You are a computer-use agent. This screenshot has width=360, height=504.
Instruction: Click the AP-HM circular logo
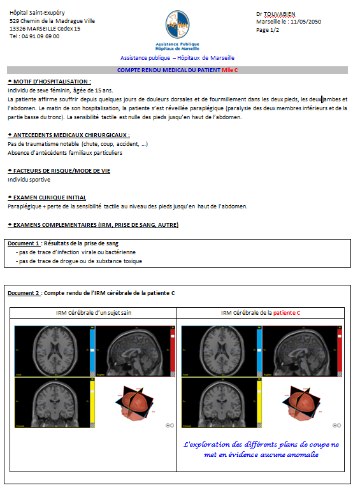[x=177, y=24]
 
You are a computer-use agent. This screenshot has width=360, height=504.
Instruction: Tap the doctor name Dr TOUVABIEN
[x=276, y=14]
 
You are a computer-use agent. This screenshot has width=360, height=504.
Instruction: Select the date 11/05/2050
[x=306, y=22]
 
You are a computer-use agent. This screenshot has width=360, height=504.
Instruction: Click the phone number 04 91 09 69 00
[x=41, y=36]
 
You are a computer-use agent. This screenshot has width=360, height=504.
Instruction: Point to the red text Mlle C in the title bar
[x=230, y=70]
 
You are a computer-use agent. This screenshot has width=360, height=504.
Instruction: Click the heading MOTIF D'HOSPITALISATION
[x=52, y=82]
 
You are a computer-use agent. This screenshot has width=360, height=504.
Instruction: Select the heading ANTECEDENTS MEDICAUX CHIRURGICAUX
[x=71, y=135]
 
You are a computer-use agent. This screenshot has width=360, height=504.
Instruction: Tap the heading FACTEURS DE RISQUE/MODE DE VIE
[x=62, y=171]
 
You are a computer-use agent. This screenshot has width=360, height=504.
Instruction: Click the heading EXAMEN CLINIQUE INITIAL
[x=50, y=198]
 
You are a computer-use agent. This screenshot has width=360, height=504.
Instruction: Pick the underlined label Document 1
[x=24, y=243]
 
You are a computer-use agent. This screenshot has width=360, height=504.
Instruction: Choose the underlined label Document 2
[x=24, y=293]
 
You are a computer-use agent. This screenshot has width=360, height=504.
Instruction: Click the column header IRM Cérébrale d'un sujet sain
[x=94, y=313]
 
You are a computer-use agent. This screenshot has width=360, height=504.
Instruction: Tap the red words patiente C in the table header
[x=287, y=313]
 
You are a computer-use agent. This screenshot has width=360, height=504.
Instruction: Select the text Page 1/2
[x=268, y=30]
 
